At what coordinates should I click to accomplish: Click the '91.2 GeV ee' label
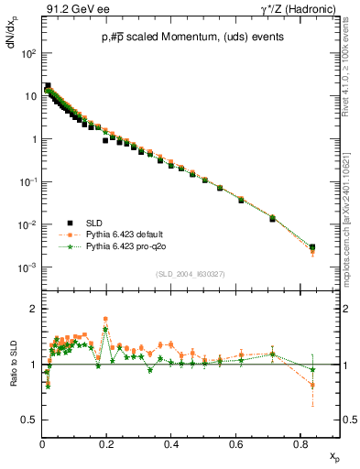(x=72, y=8)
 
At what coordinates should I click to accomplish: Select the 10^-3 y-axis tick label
(x=27, y=267)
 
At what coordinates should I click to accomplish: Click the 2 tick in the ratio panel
(x=32, y=309)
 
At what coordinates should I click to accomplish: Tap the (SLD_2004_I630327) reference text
(x=191, y=274)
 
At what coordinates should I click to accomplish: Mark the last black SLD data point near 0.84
(x=312, y=247)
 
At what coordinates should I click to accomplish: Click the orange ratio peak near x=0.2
(x=106, y=319)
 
